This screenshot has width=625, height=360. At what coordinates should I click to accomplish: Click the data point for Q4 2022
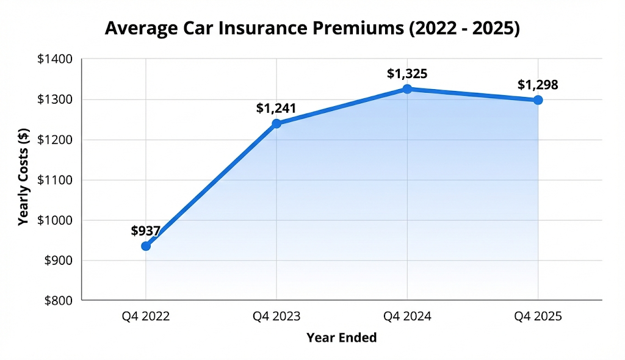click(146, 246)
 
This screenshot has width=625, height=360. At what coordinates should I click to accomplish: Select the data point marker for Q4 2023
click(276, 123)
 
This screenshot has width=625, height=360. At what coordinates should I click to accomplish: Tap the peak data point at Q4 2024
click(407, 89)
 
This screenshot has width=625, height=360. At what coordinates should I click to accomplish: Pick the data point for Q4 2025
click(538, 100)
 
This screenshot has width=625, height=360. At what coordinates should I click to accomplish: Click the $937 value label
click(145, 231)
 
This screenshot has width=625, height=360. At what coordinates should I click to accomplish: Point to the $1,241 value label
click(276, 109)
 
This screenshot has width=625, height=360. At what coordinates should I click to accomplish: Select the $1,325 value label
click(407, 74)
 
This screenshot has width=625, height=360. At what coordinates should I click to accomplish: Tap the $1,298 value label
click(538, 85)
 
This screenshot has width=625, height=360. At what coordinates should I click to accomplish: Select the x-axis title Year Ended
click(341, 337)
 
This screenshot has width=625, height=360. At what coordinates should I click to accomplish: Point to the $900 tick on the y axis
click(59, 261)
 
